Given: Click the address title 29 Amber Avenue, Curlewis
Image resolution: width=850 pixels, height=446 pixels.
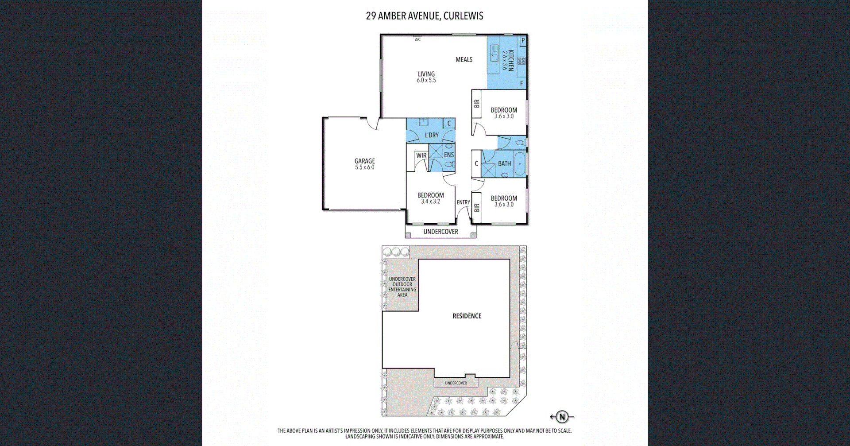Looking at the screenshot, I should pyautogui.click(x=424, y=16).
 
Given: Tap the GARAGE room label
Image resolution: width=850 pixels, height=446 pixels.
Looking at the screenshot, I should pyautogui.click(x=364, y=164).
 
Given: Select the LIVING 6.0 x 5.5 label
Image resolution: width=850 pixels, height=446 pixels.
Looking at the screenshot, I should pyautogui.click(x=426, y=77).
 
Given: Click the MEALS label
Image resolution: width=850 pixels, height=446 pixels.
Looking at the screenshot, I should pyautogui.click(x=464, y=59).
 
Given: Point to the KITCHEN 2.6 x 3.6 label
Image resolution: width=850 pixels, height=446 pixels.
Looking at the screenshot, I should pyautogui.click(x=507, y=60).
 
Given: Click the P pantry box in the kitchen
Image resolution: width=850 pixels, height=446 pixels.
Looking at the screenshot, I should pyautogui.click(x=523, y=40).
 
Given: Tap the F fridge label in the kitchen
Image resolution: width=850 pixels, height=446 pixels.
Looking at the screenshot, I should pyautogui.click(x=522, y=83).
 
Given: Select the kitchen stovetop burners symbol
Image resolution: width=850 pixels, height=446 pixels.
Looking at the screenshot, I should pyautogui.click(x=522, y=61).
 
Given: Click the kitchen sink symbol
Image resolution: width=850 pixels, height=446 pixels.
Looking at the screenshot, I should pyautogui.click(x=494, y=54).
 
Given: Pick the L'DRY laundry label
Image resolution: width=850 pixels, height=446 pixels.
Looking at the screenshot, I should pyautogui.click(x=432, y=135).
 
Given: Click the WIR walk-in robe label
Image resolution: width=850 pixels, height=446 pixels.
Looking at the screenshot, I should pyautogui.click(x=421, y=155).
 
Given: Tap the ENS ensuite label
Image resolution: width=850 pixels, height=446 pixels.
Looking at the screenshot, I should pyautogui.click(x=448, y=155).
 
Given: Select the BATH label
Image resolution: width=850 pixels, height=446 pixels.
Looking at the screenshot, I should pyautogui.click(x=504, y=163).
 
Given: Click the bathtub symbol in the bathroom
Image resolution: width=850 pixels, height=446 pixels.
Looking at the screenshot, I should pyautogui.click(x=520, y=164).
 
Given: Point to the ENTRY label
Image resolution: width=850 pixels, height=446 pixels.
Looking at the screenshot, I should pyautogui.click(x=463, y=202).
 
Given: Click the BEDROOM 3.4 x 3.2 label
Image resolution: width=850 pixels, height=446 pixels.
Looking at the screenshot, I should pyautogui.click(x=430, y=198).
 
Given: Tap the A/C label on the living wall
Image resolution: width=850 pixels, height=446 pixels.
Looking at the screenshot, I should pyautogui.click(x=417, y=40).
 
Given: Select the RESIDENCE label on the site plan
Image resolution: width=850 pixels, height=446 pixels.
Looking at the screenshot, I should pyautogui.click(x=467, y=316).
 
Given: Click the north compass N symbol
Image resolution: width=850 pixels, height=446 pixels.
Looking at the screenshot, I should pyautogui.click(x=562, y=417).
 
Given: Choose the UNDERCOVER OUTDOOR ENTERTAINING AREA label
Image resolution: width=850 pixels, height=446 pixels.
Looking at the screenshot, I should pyautogui.click(x=402, y=287).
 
